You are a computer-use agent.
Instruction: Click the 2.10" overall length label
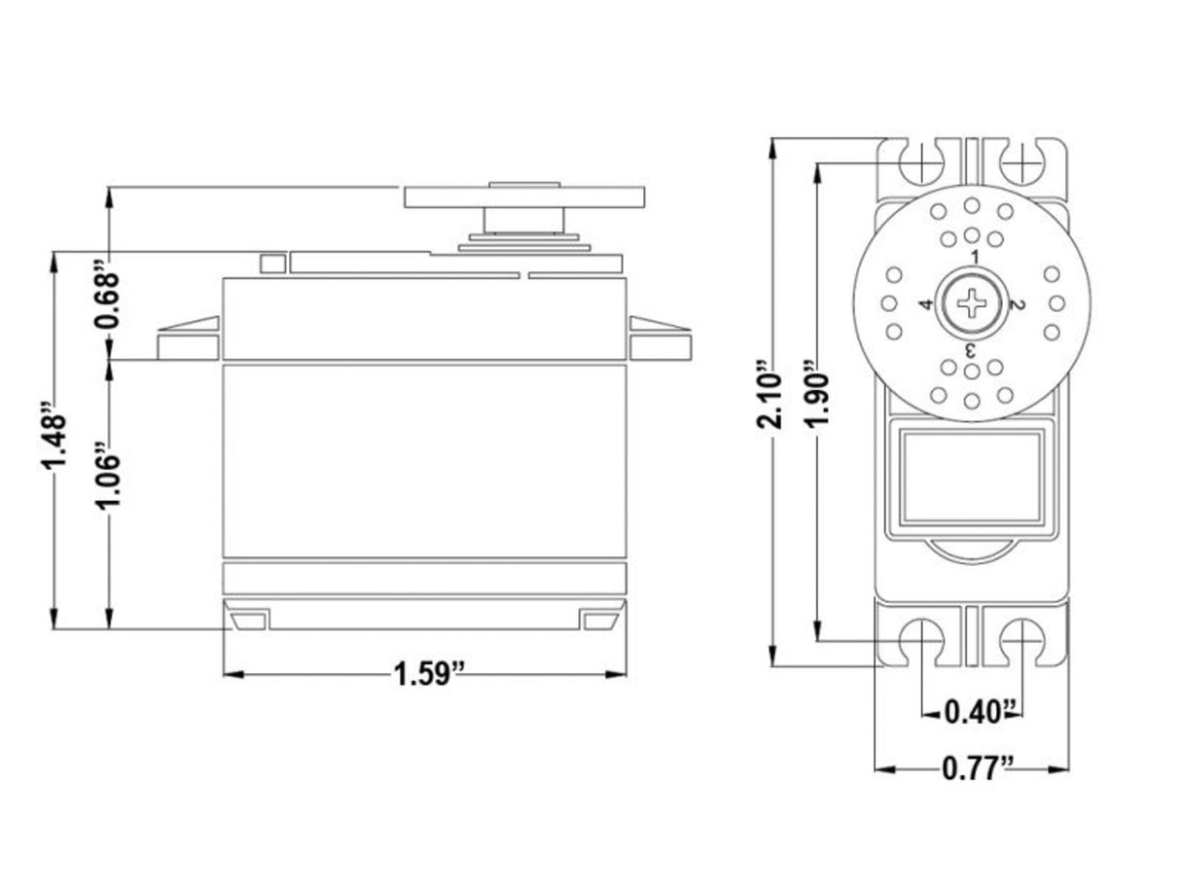point(771,397)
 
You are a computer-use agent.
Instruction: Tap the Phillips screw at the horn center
point(972,303)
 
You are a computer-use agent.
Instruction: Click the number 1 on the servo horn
point(973,256)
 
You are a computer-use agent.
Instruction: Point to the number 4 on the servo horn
point(926,305)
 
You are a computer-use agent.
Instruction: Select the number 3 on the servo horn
point(970,349)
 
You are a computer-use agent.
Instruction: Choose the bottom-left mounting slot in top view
point(918,641)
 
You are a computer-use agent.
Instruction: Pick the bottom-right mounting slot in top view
point(1021,641)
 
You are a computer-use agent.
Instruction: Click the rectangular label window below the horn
point(971,477)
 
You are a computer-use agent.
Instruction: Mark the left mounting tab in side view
point(189,340)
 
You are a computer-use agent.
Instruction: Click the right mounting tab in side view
point(659,340)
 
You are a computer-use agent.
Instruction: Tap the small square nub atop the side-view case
point(271,263)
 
